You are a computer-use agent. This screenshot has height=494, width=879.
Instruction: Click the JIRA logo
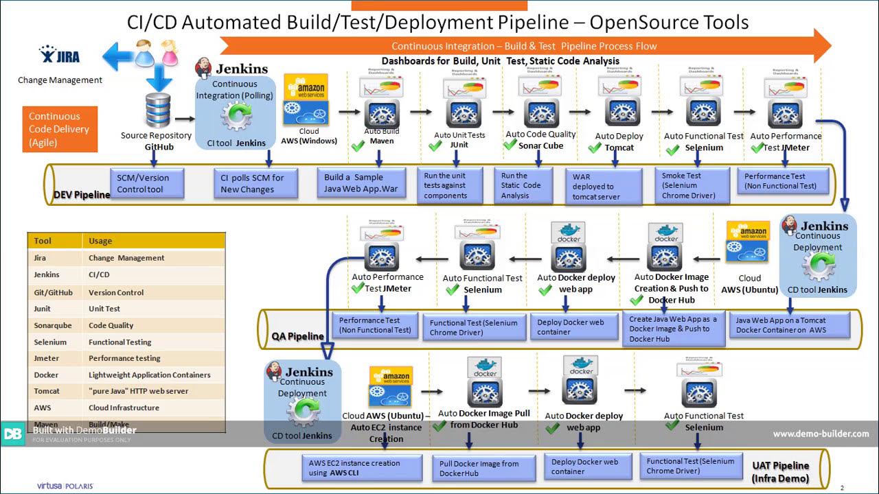pos(60,54)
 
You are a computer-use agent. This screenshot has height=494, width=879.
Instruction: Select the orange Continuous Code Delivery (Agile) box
pos(59,130)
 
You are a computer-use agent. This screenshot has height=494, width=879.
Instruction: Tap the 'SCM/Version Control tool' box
pos(147,183)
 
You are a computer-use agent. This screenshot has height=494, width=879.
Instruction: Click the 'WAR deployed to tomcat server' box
pos(603,187)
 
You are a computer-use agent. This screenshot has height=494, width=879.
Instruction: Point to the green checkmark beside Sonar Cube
pos(510,145)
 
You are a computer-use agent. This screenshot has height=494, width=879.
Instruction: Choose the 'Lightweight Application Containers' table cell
pos(149,375)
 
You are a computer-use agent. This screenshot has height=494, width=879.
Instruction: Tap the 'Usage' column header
pos(100,241)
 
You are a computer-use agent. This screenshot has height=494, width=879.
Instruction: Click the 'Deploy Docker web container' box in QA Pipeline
pos(575,327)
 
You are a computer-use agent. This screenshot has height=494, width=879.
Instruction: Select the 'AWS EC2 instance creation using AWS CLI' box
pos(363,468)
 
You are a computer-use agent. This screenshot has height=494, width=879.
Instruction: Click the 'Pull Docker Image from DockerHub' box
pos(483,469)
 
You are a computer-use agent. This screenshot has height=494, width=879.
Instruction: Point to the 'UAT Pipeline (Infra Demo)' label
pos(780,472)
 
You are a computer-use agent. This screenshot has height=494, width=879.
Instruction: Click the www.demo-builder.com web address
pos(821,434)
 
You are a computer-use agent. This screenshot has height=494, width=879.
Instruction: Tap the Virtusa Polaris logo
pos(65,486)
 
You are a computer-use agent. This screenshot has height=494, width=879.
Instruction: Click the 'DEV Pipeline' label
pos(81,195)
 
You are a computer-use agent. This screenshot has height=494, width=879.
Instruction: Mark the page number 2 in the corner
pos(842,488)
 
